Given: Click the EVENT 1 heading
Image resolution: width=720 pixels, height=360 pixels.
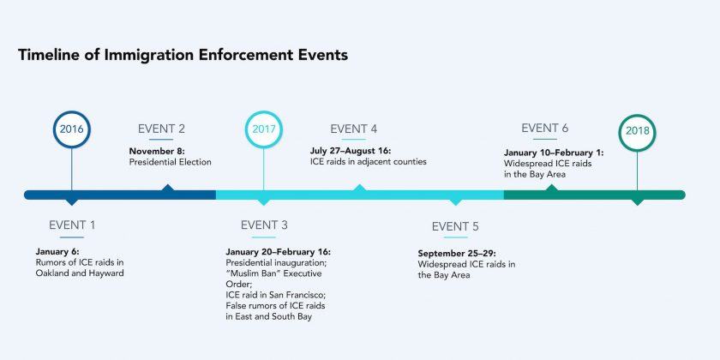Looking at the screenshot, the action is (x=72, y=225).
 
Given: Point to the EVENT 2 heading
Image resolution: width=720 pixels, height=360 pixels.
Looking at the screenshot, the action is (x=161, y=129).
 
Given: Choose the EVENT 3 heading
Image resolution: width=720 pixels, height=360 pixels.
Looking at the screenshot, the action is (x=264, y=225).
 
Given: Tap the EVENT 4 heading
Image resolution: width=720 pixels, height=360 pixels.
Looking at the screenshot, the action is (x=353, y=129).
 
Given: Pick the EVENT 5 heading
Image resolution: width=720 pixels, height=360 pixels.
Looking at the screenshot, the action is (x=455, y=226).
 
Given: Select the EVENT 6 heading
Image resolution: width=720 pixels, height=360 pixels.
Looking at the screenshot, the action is (x=544, y=128).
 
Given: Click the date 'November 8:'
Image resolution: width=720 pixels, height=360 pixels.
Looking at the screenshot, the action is (x=157, y=151).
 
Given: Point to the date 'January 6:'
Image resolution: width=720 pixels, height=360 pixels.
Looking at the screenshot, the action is (x=57, y=251).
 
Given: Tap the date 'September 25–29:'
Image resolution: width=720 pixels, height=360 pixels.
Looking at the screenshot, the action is (x=457, y=254).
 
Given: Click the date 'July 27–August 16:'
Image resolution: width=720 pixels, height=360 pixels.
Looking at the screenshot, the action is (x=351, y=151).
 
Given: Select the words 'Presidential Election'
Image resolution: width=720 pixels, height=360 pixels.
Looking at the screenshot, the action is (x=171, y=162).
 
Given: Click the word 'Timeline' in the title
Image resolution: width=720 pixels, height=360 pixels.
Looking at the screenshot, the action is (x=50, y=55).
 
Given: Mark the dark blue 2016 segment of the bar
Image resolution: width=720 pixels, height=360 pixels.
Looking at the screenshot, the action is (x=120, y=195).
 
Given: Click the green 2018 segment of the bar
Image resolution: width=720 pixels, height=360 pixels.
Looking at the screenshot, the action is (x=595, y=195).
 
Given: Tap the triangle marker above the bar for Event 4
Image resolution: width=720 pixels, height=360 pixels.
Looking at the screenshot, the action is (x=359, y=188).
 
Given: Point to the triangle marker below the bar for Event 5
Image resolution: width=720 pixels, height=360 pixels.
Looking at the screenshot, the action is (x=455, y=202).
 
